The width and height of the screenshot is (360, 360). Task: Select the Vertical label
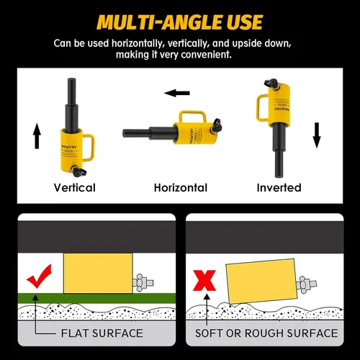[x=75, y=188]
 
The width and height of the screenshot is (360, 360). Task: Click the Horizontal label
[x=181, y=188]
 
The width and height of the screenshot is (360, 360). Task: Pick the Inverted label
[x=279, y=188]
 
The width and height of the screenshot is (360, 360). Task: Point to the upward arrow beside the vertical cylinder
[x=37, y=136]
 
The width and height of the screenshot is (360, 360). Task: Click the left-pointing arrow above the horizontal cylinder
[x=177, y=93]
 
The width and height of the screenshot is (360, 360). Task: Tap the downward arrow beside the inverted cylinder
[x=317, y=135]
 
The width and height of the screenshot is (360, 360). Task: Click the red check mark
[x=40, y=276]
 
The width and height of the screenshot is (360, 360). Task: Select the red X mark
[x=204, y=280]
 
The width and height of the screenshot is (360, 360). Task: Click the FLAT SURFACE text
[x=102, y=333]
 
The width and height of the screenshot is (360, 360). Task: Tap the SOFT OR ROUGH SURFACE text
[x=266, y=333]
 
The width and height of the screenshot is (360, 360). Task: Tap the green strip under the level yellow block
[x=96, y=298]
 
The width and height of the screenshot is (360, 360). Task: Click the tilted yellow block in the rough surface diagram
[x=262, y=281]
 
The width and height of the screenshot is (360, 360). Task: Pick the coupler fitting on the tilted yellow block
[x=306, y=284]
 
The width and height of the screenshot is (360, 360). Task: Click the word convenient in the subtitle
[x=206, y=55]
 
